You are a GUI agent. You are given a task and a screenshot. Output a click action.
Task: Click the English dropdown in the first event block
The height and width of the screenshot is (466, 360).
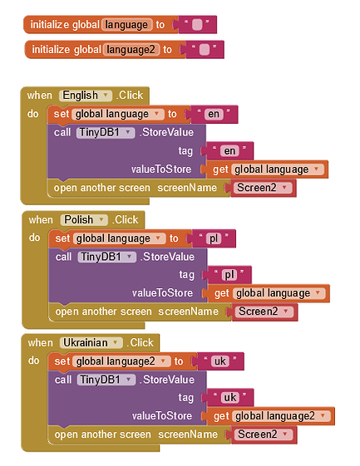point(84,95)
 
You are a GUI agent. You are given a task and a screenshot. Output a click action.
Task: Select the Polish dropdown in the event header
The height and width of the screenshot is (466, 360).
point(84,219)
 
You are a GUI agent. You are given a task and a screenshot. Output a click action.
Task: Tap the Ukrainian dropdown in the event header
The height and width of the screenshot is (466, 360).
point(91,342)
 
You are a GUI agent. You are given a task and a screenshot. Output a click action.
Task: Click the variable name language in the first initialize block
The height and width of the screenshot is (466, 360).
point(126,24)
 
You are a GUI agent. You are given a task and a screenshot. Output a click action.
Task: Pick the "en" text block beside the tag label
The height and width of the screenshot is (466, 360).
point(230,150)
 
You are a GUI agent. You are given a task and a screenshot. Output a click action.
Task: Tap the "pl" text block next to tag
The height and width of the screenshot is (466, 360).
point(229,274)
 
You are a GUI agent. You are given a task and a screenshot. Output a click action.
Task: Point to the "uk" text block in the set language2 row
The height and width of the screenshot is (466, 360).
point(220,361)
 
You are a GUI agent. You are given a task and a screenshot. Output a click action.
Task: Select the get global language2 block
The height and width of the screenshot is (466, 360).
point(271,416)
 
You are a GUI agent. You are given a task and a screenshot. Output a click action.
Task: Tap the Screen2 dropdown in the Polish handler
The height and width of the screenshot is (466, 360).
point(264,311)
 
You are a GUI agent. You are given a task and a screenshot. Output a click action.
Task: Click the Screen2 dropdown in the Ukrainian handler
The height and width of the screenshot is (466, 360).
point(264,434)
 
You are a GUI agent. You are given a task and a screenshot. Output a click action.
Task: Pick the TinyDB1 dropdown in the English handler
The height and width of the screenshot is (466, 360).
point(106,132)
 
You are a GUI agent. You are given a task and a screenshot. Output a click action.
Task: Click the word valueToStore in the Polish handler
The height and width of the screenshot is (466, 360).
point(162,293)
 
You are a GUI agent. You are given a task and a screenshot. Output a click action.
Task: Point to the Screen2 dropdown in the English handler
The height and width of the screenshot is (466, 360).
point(262,188)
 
